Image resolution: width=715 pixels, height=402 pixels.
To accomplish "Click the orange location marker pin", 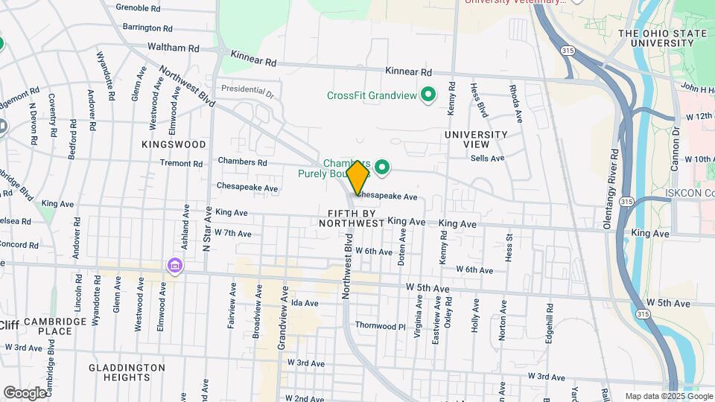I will [x=357, y=177].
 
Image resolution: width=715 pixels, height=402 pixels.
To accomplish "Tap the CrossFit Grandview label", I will [x=371, y=95].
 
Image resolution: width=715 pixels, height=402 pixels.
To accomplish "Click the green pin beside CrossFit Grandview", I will [x=428, y=95].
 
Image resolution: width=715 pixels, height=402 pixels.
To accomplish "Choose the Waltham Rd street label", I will [x=174, y=48].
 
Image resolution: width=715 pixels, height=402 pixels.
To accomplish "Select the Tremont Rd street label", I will [x=181, y=164].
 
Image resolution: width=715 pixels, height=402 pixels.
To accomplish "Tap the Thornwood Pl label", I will [x=380, y=326].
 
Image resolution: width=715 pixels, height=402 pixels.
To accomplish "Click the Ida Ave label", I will [x=305, y=303].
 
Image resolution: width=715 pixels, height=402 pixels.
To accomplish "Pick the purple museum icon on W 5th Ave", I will [x=175, y=266].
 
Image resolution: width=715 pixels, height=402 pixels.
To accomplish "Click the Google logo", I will [x=25, y=392].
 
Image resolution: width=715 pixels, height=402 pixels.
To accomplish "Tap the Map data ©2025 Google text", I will [x=668, y=396].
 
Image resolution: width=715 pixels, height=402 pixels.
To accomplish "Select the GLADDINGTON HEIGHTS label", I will [x=127, y=373].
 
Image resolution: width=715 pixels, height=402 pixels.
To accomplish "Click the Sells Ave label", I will [x=487, y=158].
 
